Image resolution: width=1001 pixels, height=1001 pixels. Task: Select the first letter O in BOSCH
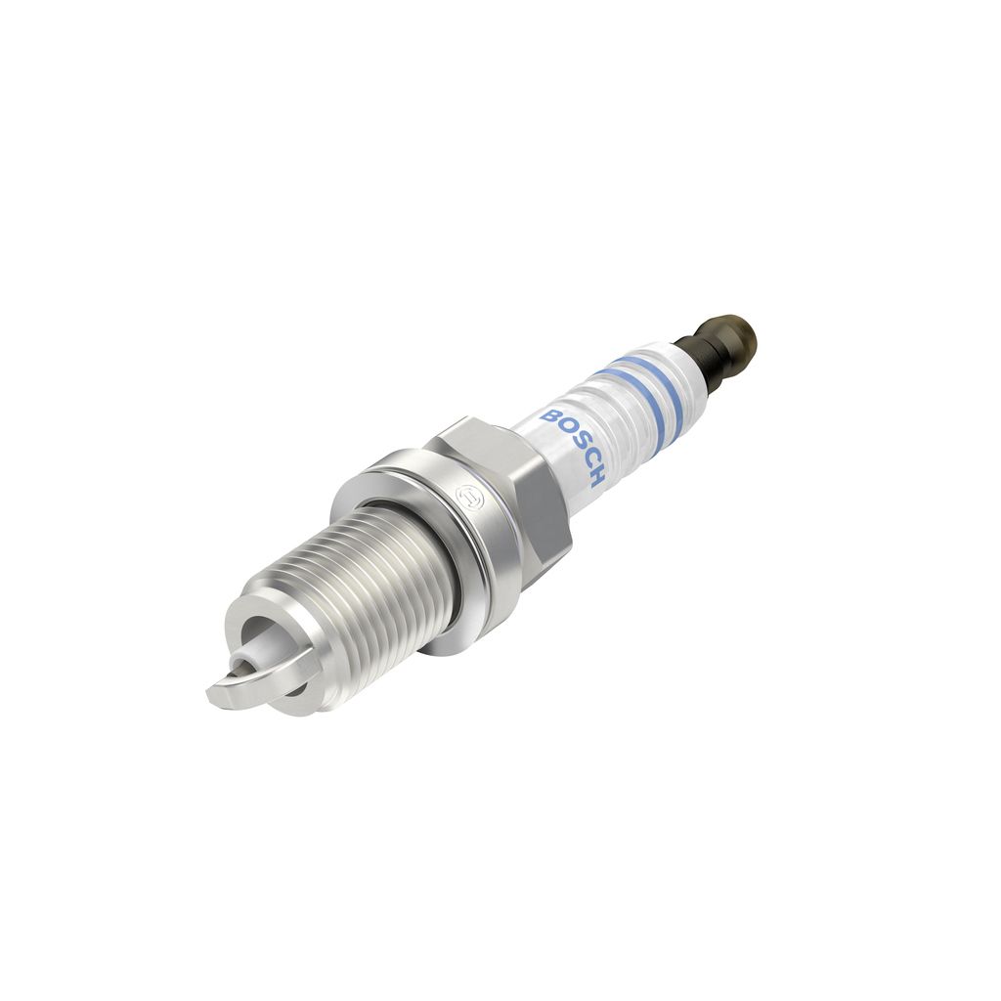(561, 428)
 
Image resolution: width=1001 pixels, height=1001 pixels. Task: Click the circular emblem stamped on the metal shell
(468, 500)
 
